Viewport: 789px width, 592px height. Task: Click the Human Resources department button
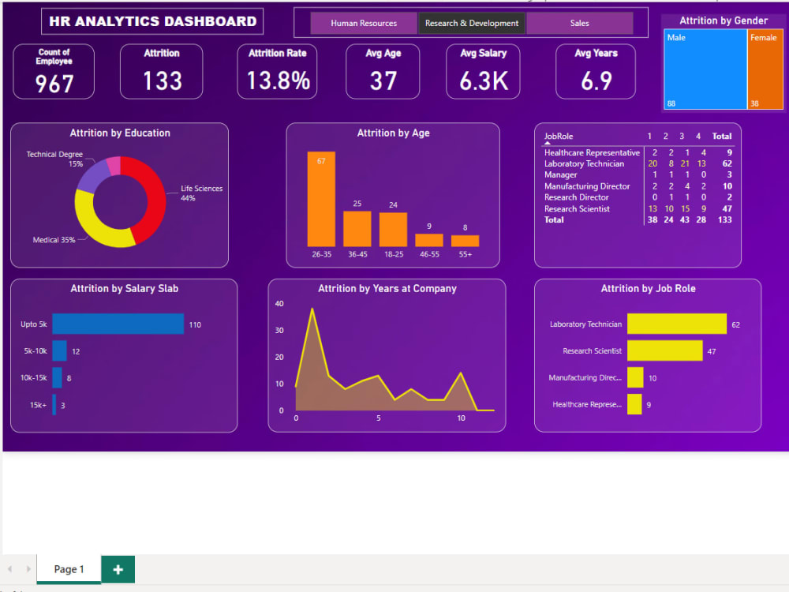[x=364, y=24]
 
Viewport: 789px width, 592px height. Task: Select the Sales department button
[x=579, y=24]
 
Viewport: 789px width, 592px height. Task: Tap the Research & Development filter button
[x=472, y=24]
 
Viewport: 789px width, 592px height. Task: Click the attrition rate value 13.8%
[x=278, y=81]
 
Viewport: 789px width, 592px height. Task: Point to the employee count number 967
[x=54, y=84]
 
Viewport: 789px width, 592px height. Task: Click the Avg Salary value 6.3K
[x=484, y=81]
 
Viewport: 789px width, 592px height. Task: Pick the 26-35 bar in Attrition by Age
[x=321, y=199]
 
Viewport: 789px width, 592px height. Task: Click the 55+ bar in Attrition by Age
[x=465, y=241]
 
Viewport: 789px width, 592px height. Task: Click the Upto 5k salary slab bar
[x=118, y=324]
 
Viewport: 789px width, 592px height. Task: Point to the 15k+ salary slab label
[x=38, y=405]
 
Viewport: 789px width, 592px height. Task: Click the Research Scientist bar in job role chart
[x=664, y=350]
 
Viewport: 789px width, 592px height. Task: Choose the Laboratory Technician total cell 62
[x=726, y=164]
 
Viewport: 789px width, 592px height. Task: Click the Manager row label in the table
[x=561, y=175]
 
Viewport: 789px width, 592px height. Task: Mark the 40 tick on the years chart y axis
[x=279, y=304]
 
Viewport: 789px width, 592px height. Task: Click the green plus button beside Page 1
[x=118, y=569]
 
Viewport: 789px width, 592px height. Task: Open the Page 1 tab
[x=69, y=569]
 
